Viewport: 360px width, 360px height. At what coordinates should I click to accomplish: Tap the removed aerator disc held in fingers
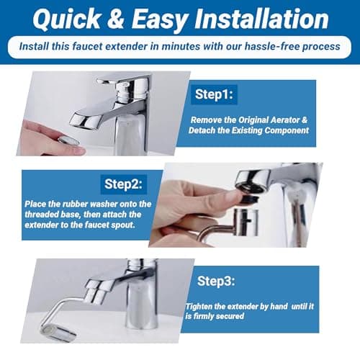[69, 141]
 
